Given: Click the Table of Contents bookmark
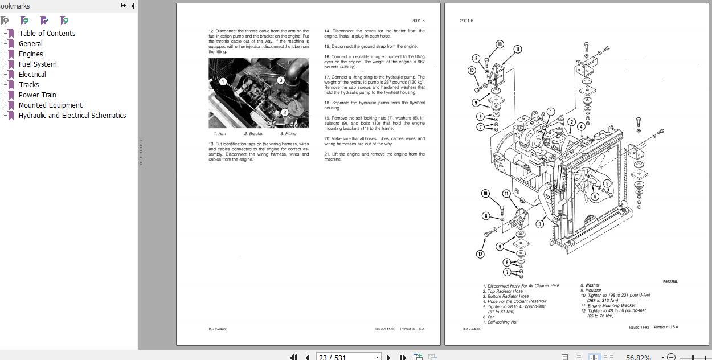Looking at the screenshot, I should (x=47, y=33).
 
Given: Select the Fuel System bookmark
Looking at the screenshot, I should (x=38, y=64).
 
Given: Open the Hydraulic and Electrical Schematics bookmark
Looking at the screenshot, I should (x=72, y=115).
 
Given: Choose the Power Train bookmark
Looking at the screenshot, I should (x=37, y=95).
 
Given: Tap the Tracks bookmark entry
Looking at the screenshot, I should (x=28, y=84).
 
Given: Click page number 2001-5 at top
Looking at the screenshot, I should (x=418, y=21).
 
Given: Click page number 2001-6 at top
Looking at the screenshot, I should (x=467, y=21).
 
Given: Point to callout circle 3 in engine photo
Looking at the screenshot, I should (x=281, y=80).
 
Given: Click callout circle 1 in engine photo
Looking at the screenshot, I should (x=223, y=81).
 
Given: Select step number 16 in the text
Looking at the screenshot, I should (x=328, y=57).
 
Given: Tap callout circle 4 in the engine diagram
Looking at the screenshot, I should (x=580, y=126).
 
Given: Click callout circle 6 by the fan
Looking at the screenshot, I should (x=595, y=197).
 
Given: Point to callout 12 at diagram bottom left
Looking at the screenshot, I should (x=480, y=254).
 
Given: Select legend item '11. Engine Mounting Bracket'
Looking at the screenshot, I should (x=608, y=305).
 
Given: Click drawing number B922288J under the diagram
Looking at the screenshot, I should (x=670, y=281).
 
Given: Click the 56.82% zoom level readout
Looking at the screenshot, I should (x=638, y=357).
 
